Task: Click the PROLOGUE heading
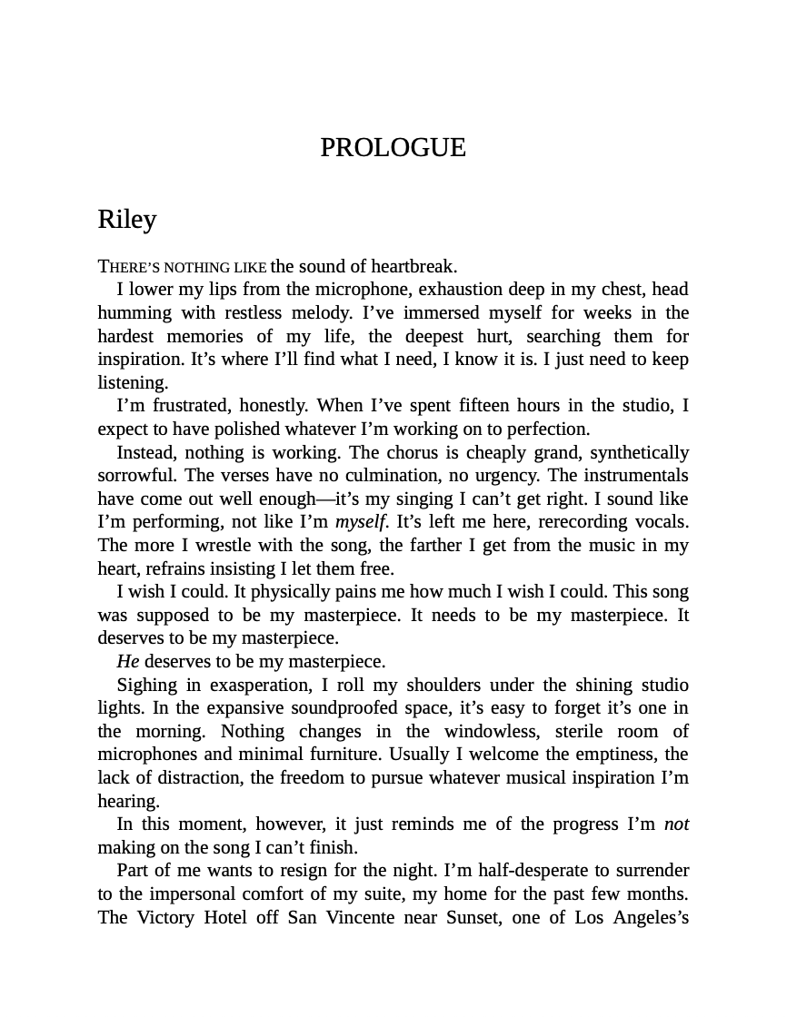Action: pyautogui.click(x=393, y=147)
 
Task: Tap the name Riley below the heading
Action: pyautogui.click(x=127, y=220)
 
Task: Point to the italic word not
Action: pyautogui.click(x=676, y=824)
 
